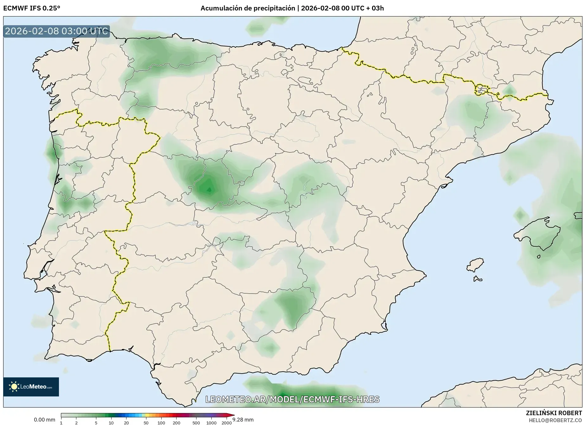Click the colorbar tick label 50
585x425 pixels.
click(x=146, y=423)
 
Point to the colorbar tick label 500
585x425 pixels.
click(x=196, y=423)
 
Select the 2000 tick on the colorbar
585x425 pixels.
click(x=226, y=423)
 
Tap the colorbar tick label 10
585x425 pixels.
click(x=111, y=423)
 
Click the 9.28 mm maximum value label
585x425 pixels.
click(x=243, y=420)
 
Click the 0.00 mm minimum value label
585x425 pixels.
click(x=44, y=420)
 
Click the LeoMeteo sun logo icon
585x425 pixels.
click(x=14, y=386)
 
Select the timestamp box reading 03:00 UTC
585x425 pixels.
click(x=56, y=31)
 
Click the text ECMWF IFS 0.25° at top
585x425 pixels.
click(x=32, y=8)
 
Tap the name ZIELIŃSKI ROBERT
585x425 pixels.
click(x=554, y=413)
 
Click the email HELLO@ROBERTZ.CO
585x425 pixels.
click(x=555, y=420)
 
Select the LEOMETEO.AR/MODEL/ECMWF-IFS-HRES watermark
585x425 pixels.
click(x=292, y=399)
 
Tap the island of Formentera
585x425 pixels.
click(x=478, y=279)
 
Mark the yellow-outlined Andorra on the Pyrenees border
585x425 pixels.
click(x=481, y=90)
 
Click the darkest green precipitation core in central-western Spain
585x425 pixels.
click(x=209, y=189)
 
